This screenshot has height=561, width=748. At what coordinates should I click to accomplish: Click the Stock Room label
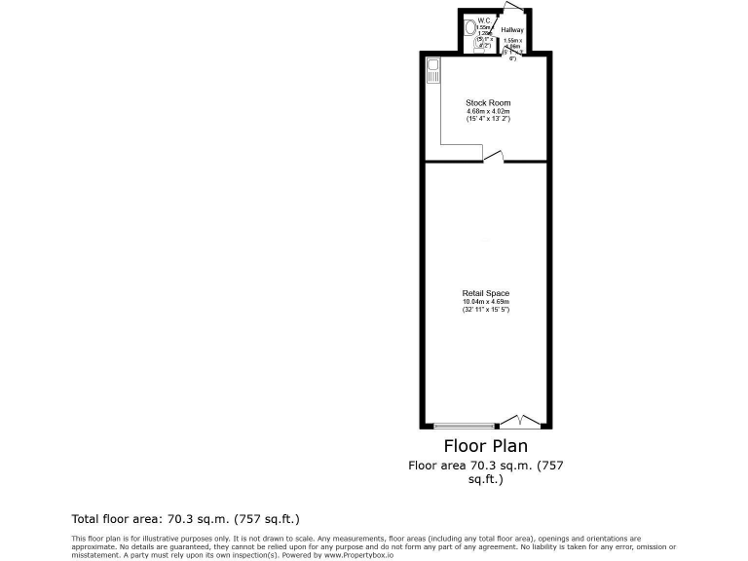pos(488,102)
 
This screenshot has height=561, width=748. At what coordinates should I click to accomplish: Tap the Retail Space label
pos(486,293)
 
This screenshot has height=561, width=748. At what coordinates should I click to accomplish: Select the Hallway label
pos(512,30)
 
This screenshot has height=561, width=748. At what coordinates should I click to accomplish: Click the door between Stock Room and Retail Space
pos(494,156)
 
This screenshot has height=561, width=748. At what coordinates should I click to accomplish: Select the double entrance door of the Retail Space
pos(521,421)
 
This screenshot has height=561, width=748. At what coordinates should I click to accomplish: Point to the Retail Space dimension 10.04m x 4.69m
pos(486,302)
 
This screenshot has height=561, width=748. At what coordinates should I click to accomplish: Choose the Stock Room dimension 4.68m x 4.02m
pos(488,111)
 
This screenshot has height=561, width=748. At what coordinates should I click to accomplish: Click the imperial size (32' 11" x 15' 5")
pos(486,310)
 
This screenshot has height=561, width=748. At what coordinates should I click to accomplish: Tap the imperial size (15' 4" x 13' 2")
pos(488,119)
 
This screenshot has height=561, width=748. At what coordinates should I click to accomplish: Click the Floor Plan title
pos(486,447)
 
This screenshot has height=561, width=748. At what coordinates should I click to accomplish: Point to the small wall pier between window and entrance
pos(499,426)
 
